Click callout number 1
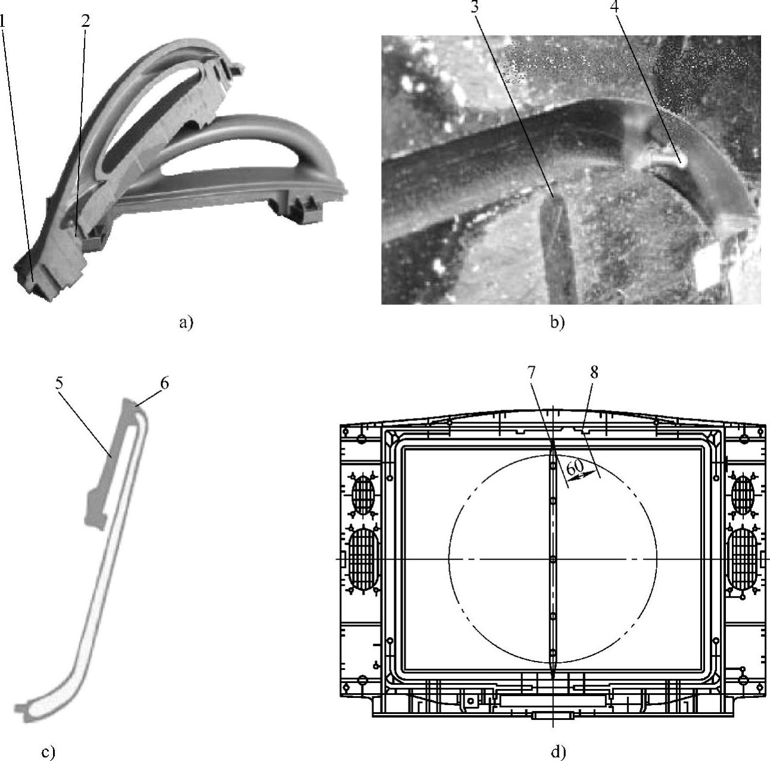coord(2,21)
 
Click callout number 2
coord(85,21)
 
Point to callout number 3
coord(474,7)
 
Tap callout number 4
coord(615,7)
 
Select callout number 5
coord(59,383)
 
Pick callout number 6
coord(164,383)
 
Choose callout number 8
coord(594,373)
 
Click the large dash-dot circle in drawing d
coord(449,557)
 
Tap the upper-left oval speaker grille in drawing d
coord(363,494)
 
